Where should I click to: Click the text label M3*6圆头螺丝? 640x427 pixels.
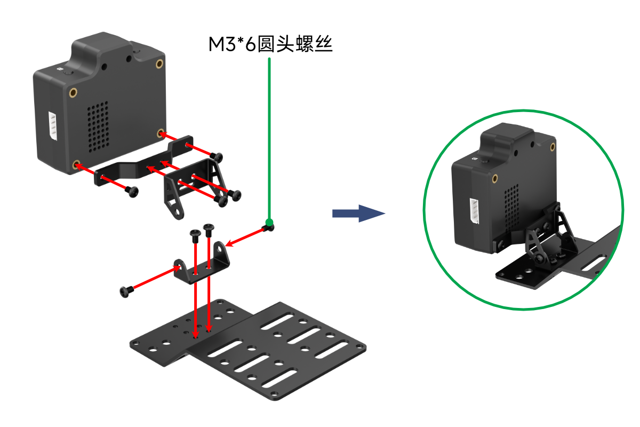click(x=270, y=44)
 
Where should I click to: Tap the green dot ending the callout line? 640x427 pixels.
click(x=269, y=223)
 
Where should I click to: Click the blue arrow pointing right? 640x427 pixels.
click(x=358, y=213)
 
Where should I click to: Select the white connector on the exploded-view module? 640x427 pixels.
click(x=53, y=126)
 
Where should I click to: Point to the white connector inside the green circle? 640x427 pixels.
click(x=474, y=211)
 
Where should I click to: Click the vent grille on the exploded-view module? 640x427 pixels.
click(x=97, y=126)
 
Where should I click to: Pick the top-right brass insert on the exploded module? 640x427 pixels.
click(x=159, y=64)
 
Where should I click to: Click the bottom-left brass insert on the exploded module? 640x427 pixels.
click(x=76, y=164)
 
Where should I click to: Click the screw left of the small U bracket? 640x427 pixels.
click(x=126, y=291)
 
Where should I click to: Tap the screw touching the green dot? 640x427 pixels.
click(x=267, y=228)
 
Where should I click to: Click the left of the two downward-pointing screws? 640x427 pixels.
click(x=195, y=235)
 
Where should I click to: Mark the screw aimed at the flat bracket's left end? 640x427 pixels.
click(x=131, y=191)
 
